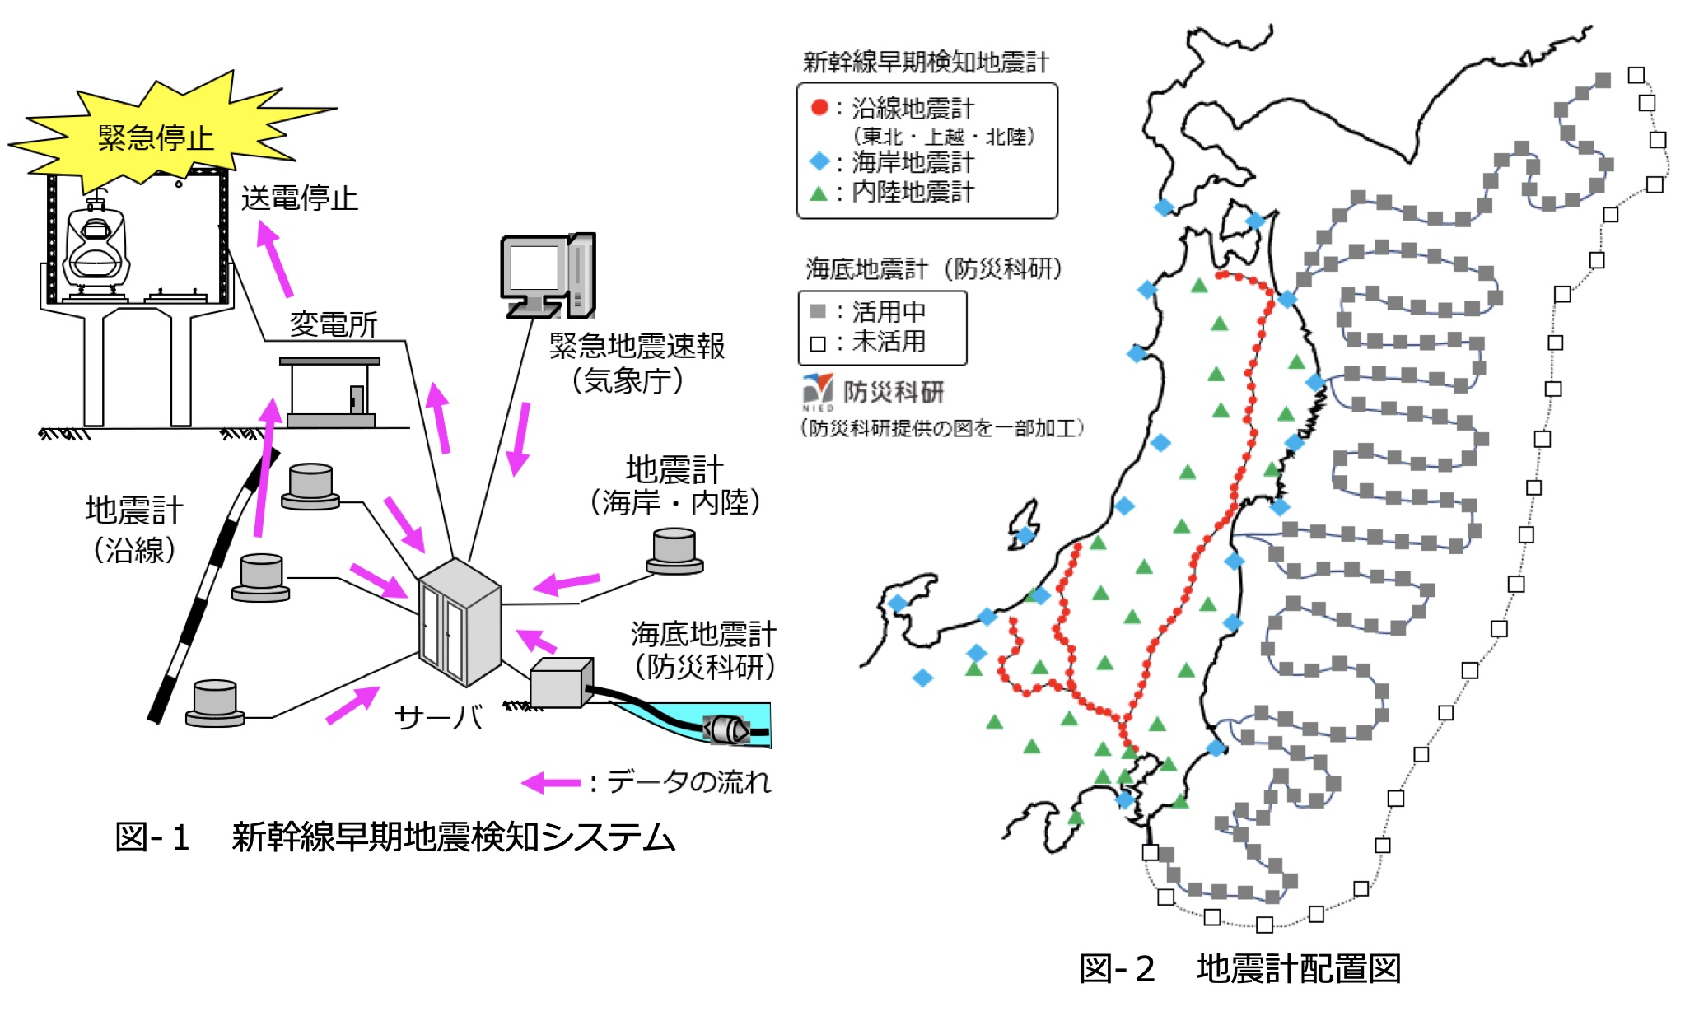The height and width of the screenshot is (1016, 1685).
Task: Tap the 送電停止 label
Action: click(x=299, y=198)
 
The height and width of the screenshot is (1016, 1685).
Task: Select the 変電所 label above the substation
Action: click(x=334, y=324)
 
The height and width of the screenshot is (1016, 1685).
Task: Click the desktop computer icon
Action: click(x=548, y=276)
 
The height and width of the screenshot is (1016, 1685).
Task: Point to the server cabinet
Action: click(x=459, y=622)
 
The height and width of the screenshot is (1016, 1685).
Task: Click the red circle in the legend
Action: click(x=819, y=107)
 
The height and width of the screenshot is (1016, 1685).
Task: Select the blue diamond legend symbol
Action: click(x=819, y=161)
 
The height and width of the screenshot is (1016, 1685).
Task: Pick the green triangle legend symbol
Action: click(x=819, y=194)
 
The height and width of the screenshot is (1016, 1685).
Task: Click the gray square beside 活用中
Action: click(x=818, y=311)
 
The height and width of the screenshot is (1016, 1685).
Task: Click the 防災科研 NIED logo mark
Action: click(x=819, y=390)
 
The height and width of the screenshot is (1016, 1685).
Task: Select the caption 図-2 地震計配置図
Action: click(x=1239, y=969)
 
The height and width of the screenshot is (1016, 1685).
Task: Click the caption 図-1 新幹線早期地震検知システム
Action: click(x=395, y=837)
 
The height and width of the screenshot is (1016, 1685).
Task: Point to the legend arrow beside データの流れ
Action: click(x=552, y=782)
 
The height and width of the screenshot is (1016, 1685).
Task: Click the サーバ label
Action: click(x=438, y=717)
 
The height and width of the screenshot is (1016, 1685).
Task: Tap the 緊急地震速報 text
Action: click(x=637, y=347)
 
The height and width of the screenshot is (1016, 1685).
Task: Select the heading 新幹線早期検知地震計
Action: click(x=926, y=62)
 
